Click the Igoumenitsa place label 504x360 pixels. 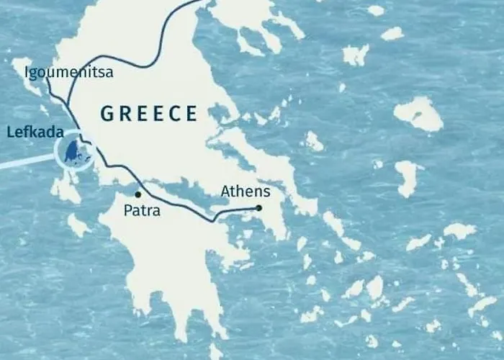pos(68,73)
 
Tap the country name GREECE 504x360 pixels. pos(148,113)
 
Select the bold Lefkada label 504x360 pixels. pos(34,132)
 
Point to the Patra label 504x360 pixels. pos(142,212)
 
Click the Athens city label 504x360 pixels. pos(245,192)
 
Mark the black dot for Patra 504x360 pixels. pos(138,194)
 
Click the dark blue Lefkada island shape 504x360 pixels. pos(71,152)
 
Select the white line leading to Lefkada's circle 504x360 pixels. pos(25,163)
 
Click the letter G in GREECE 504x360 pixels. pos(107,113)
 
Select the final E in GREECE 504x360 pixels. pos(191,113)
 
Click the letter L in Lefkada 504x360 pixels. pos(9,132)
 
